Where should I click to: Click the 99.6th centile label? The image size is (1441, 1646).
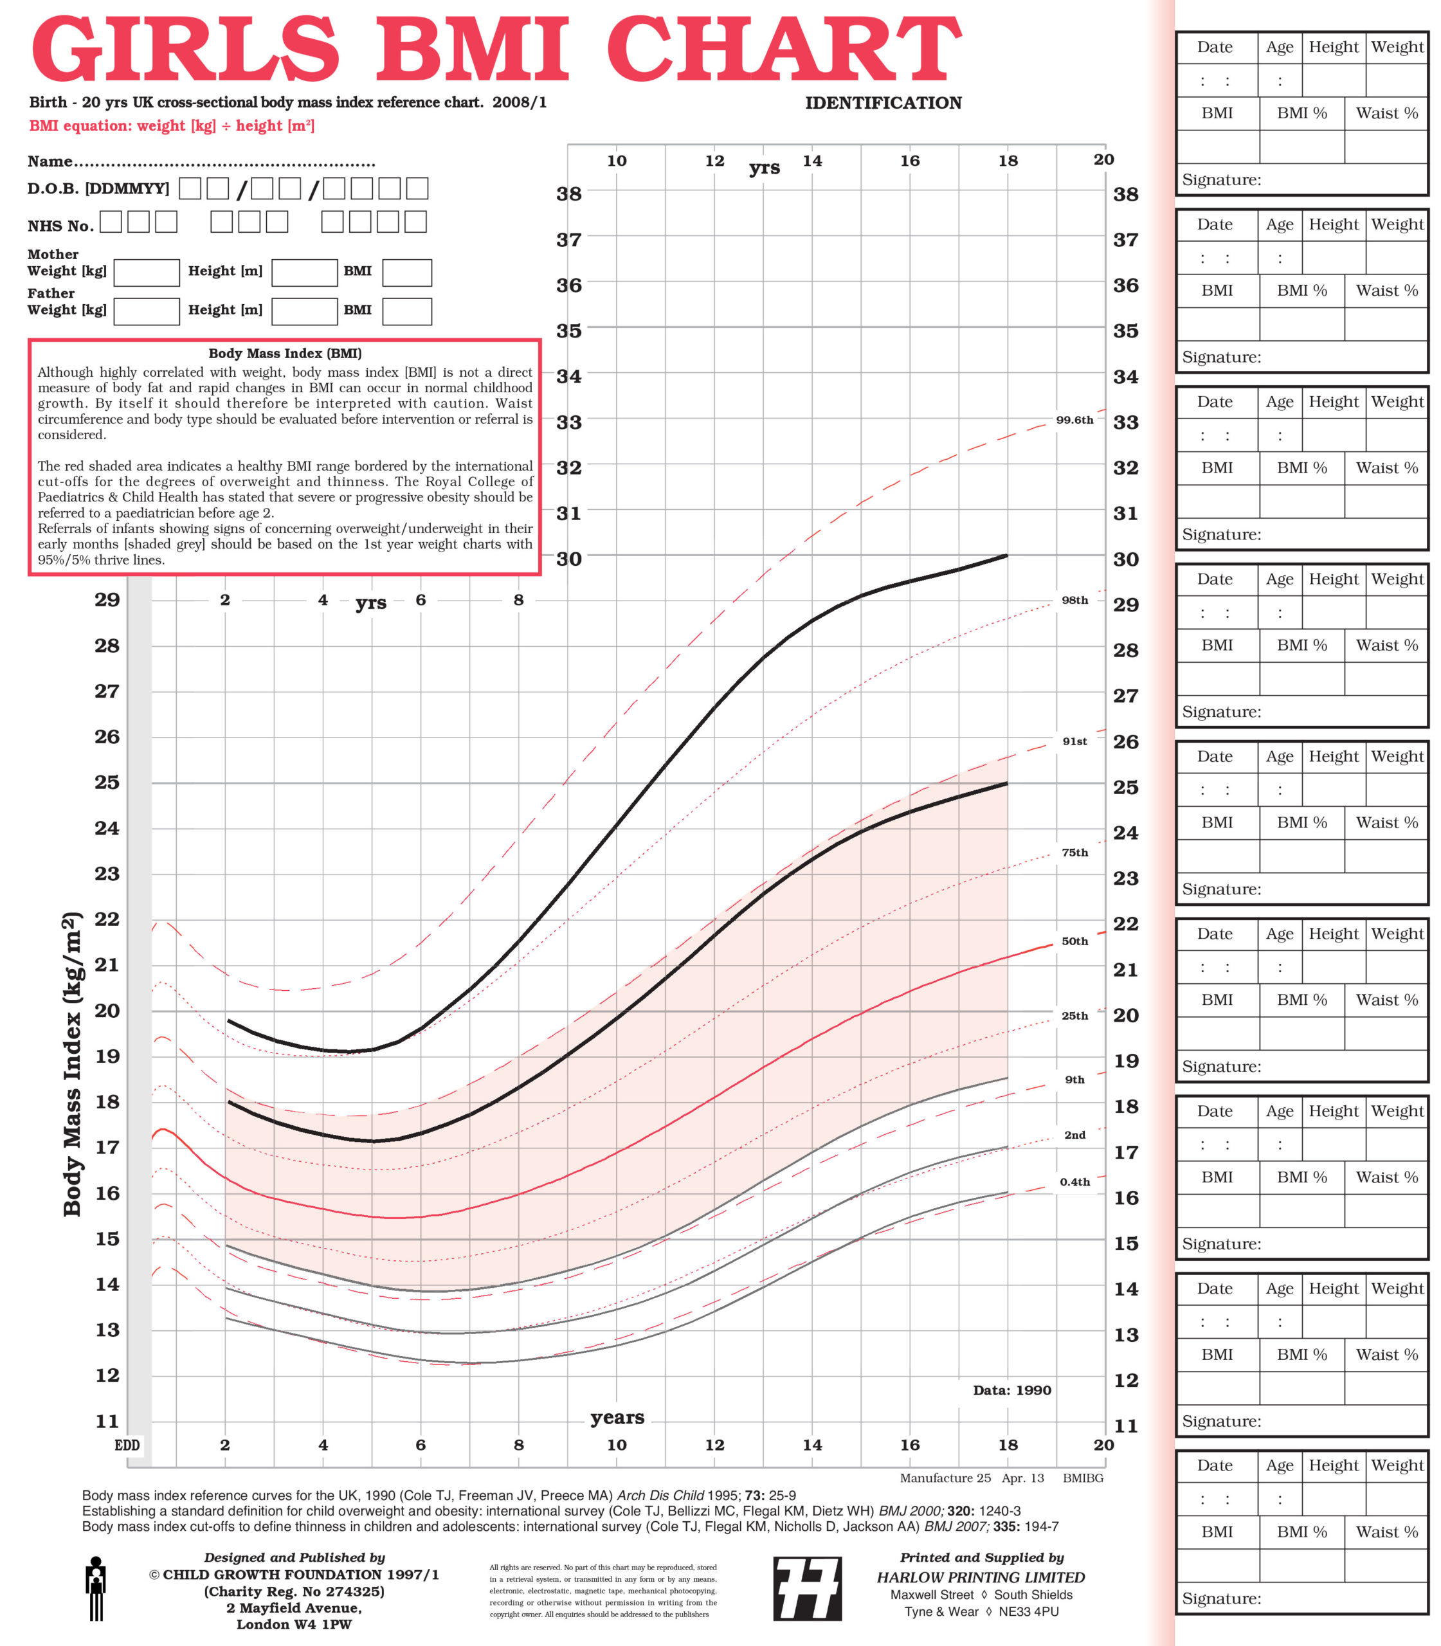click(x=1074, y=420)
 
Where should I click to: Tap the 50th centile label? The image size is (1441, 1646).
click(x=1074, y=941)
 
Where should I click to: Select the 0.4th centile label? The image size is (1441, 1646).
click(x=1074, y=1182)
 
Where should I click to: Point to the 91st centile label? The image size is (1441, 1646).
click(x=1074, y=741)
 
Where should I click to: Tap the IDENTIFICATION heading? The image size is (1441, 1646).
click(x=883, y=103)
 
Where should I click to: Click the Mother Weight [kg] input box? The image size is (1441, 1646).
click(x=147, y=273)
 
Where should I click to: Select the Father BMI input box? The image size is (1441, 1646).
click(x=407, y=311)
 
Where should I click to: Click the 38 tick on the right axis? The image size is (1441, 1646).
click(x=1126, y=194)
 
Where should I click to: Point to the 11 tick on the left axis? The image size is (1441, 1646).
click(x=107, y=1421)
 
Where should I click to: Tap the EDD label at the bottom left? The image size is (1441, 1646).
click(x=127, y=1445)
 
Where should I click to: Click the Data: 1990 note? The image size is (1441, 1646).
click(x=1011, y=1390)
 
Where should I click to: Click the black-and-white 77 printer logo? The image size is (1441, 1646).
click(x=808, y=1588)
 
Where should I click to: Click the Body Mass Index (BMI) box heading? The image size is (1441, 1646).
click(x=285, y=353)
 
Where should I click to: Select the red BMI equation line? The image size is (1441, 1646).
click(x=171, y=125)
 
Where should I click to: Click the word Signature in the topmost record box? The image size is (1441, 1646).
click(x=1220, y=179)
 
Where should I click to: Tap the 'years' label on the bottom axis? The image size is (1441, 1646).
click(x=617, y=1417)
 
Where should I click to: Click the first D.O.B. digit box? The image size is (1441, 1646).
click(x=190, y=189)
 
